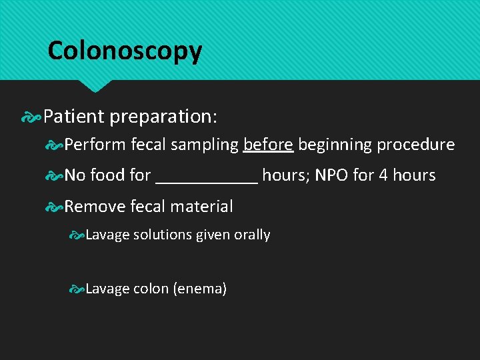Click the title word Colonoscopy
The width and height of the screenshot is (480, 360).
click(x=125, y=51)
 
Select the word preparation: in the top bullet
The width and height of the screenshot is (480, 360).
click(x=163, y=117)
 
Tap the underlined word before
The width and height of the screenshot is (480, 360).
click(x=268, y=145)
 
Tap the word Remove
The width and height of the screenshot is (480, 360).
click(x=95, y=207)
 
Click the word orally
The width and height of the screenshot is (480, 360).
click(x=252, y=235)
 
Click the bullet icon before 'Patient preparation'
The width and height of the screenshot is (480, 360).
click(x=31, y=117)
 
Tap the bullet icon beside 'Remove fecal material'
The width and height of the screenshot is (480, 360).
click(x=55, y=207)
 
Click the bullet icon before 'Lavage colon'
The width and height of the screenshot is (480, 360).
click(x=77, y=289)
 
